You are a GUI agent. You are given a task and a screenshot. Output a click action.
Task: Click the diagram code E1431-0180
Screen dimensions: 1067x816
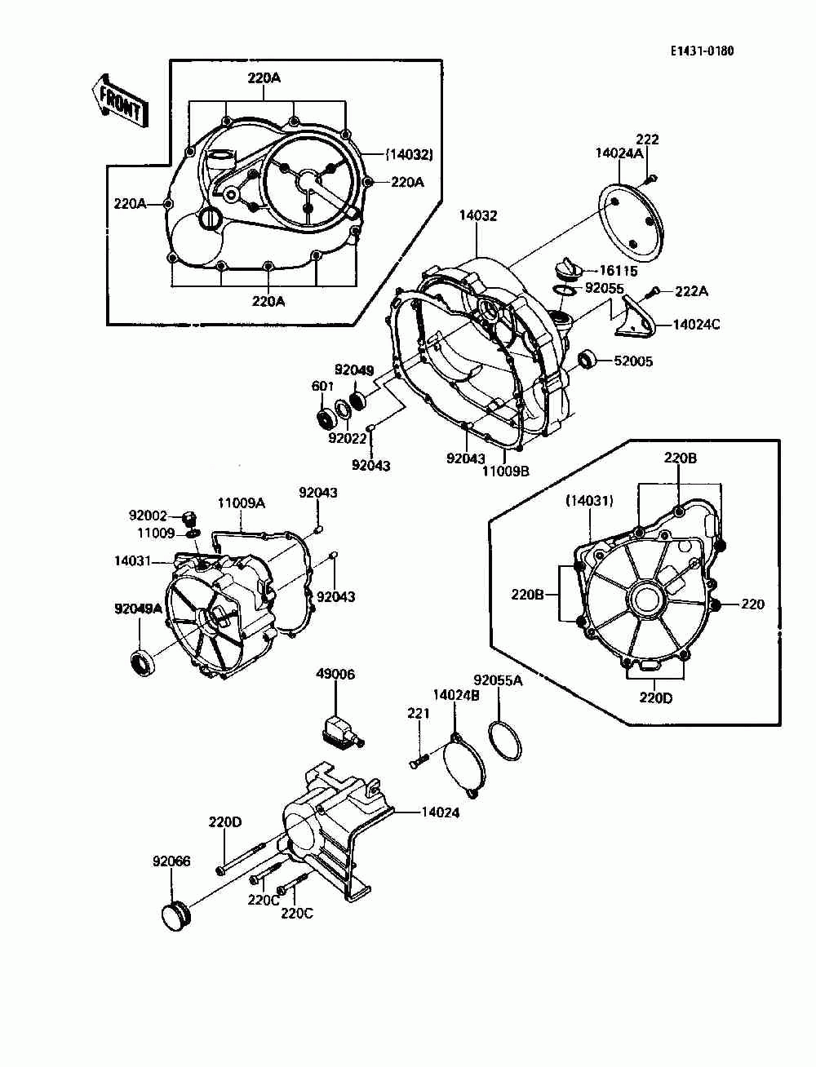coord(702,51)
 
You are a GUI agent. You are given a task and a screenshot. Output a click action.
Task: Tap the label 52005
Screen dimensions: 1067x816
coord(633,361)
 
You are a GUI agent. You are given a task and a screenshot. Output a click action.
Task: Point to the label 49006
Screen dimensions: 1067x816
coord(335,675)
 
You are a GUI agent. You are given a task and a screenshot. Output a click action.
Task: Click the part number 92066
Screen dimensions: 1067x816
coord(171,861)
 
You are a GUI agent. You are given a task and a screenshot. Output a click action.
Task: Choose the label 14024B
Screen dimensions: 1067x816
coord(455,695)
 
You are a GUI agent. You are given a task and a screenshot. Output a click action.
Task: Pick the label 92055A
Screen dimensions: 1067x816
coord(498,680)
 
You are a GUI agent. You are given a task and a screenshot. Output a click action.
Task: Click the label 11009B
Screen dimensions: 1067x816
coord(506,471)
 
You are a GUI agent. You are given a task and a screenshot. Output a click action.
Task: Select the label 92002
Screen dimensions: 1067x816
coord(148,516)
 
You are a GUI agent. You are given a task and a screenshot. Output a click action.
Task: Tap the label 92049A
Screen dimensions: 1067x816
coord(139,608)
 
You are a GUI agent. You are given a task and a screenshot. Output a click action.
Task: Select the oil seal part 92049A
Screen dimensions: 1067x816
coord(144,662)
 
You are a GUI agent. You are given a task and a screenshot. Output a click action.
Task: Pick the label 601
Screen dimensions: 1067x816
coord(322,386)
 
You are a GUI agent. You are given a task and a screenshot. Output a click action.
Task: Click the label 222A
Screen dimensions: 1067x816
coord(691,291)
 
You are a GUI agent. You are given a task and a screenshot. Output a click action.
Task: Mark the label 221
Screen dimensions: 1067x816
coord(418,714)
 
